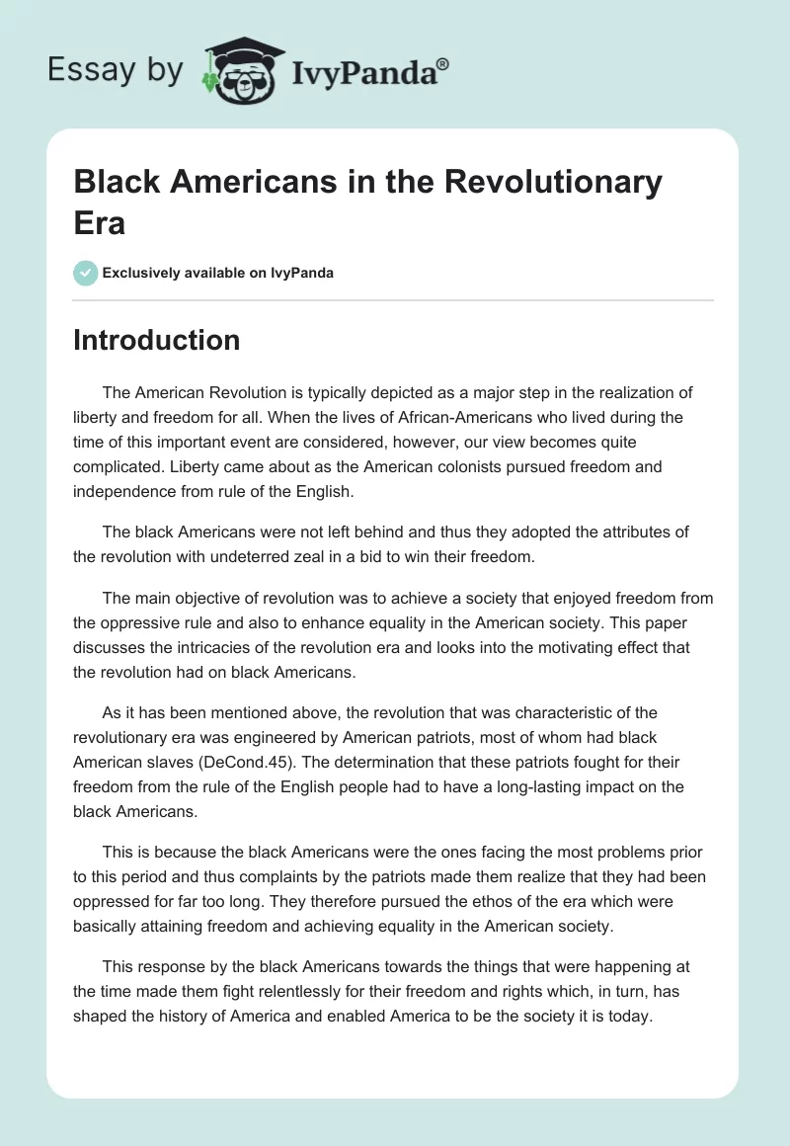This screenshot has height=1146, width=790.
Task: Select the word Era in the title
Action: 100,222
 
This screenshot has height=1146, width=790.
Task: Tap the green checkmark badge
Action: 86,273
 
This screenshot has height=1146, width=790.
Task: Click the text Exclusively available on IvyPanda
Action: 218,273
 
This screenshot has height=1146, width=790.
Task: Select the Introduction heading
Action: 157,340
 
